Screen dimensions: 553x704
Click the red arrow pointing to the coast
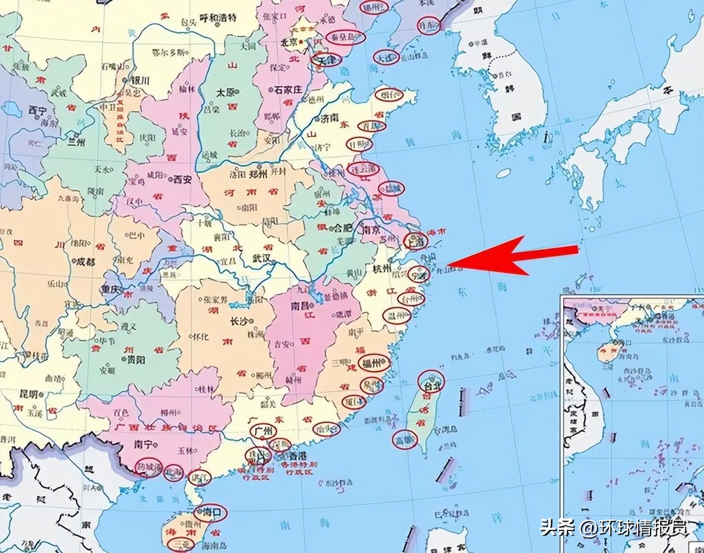514,257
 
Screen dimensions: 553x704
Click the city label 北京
289,42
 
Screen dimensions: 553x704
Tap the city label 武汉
262,258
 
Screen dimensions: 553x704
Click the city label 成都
86,262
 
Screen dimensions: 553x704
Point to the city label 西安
182,179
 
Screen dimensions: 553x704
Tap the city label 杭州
381,268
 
